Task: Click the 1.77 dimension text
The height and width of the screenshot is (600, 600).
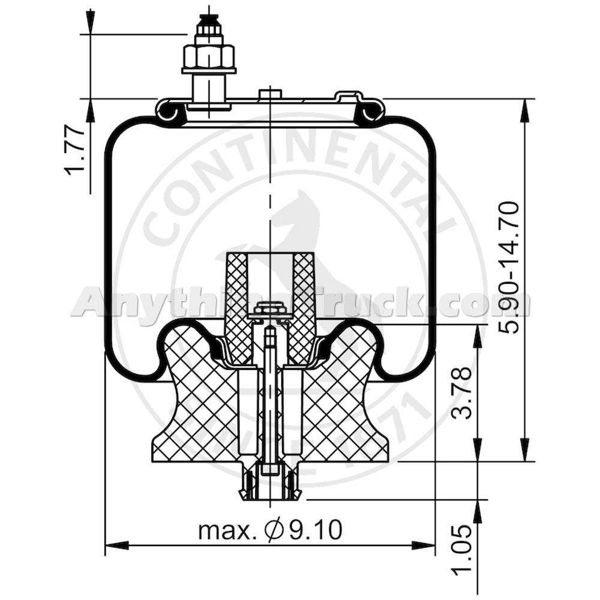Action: [x=76, y=150]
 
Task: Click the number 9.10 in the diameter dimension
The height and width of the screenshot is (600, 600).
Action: [x=315, y=530]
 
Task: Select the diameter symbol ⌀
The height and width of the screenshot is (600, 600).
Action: [x=274, y=530]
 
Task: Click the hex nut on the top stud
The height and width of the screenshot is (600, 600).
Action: [x=209, y=57]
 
